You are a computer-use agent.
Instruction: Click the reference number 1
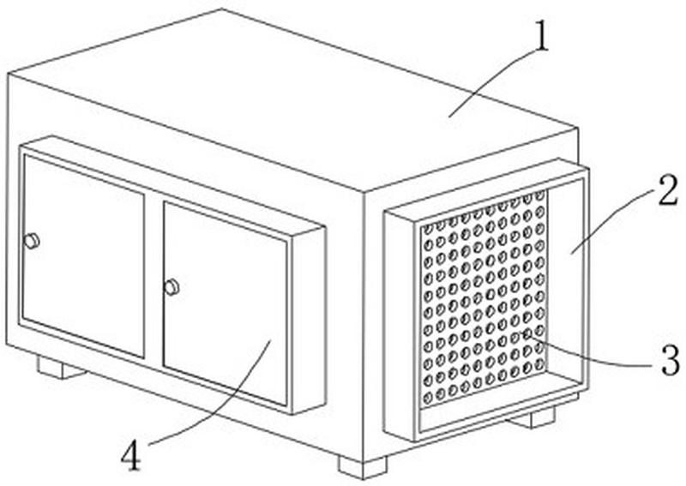542,37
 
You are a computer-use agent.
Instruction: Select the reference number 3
671,360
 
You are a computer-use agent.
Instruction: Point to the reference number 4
131,455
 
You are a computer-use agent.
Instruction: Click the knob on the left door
32,241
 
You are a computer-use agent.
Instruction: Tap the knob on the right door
171,287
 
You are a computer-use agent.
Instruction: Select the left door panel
83,256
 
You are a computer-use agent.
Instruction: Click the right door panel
226,303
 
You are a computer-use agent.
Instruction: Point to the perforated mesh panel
484,299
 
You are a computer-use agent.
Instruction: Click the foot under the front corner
363,467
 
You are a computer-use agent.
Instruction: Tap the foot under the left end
60,368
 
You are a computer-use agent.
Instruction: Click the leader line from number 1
493,83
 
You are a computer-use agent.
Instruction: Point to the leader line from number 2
614,222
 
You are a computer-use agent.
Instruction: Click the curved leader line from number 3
591,356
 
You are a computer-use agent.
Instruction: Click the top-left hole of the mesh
428,229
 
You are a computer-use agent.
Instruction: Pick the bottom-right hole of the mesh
540,363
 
